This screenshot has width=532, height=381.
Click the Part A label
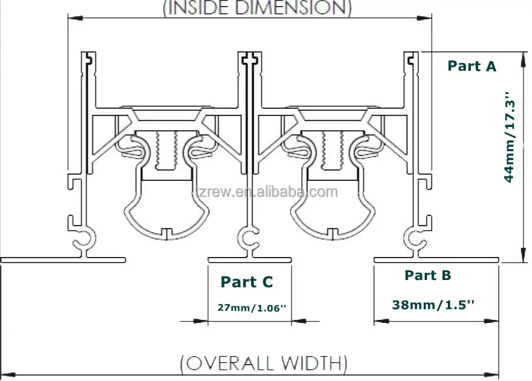click(x=471, y=66)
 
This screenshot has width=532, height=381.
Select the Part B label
click(x=428, y=275)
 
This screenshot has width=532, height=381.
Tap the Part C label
click(x=247, y=282)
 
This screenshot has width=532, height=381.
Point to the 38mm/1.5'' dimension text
click(x=433, y=305)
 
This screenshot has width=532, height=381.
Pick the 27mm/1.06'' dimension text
click(x=252, y=308)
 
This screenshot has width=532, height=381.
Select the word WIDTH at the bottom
click(x=312, y=363)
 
